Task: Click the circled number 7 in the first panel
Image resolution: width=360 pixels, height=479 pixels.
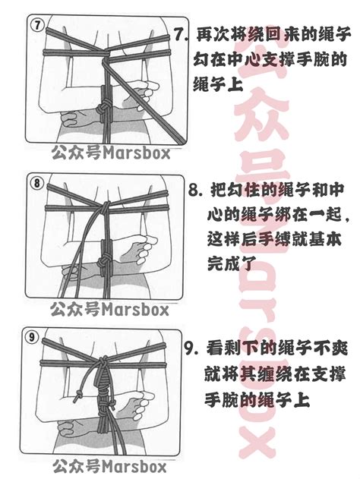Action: (x=38, y=25)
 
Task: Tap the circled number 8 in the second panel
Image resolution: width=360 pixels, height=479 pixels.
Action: (x=37, y=183)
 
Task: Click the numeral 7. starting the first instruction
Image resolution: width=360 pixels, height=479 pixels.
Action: (x=181, y=34)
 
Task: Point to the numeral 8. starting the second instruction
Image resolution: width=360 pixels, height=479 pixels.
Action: (x=196, y=190)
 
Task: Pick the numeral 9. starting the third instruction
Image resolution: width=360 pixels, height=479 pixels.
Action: (x=191, y=348)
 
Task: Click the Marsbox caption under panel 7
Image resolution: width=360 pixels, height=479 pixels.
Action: (x=110, y=152)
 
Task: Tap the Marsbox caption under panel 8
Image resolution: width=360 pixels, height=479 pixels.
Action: (x=109, y=309)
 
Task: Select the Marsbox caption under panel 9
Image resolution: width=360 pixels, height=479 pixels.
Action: (x=110, y=466)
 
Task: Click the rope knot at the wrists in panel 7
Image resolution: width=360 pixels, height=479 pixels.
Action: (x=103, y=109)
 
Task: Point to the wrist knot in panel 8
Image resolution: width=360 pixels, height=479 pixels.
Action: (x=104, y=262)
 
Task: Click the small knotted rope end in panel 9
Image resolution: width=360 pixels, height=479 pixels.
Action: (x=79, y=394)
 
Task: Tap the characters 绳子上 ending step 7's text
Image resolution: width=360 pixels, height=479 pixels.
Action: (x=218, y=83)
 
